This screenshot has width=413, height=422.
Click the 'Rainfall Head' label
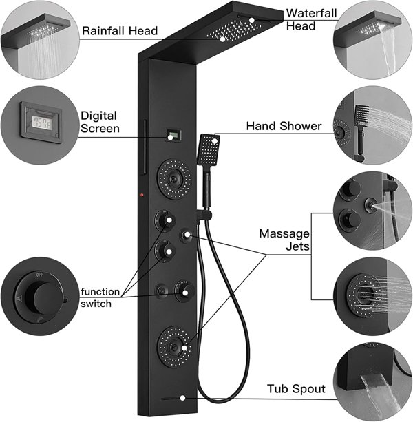coord(120,30)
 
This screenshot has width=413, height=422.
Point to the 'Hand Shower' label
coord(283,126)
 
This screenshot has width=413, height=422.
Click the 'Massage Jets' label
coord(284,240)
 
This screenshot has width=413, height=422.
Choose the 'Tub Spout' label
coord(296,390)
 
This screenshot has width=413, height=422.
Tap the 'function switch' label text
coord(100,297)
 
